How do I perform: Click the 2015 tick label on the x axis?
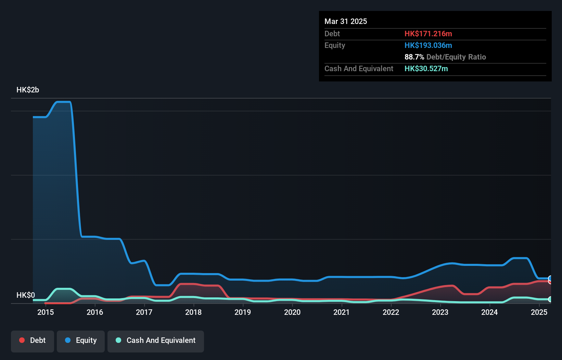[46, 312]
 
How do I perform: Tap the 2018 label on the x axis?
[193, 312]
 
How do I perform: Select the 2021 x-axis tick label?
[341, 312]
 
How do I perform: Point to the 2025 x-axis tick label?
[539, 312]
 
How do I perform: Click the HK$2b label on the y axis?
[28, 90]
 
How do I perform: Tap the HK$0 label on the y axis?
[26, 295]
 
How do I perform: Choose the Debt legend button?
[33, 340]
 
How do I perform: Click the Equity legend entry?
[81, 340]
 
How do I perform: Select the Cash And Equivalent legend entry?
[156, 340]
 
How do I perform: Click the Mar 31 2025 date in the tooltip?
[346, 22]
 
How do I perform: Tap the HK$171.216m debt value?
[428, 34]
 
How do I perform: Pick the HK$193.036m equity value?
[428, 46]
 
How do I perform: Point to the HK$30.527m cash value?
[426, 69]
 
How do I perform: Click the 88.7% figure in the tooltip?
[414, 57]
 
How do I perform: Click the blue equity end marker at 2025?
[550, 278]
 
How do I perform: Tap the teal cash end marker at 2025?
[550, 299]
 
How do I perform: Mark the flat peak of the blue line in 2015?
[63, 102]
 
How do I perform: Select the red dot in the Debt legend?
[22, 340]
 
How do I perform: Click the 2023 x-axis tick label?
[440, 312]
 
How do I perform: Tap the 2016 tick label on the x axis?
[95, 312]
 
